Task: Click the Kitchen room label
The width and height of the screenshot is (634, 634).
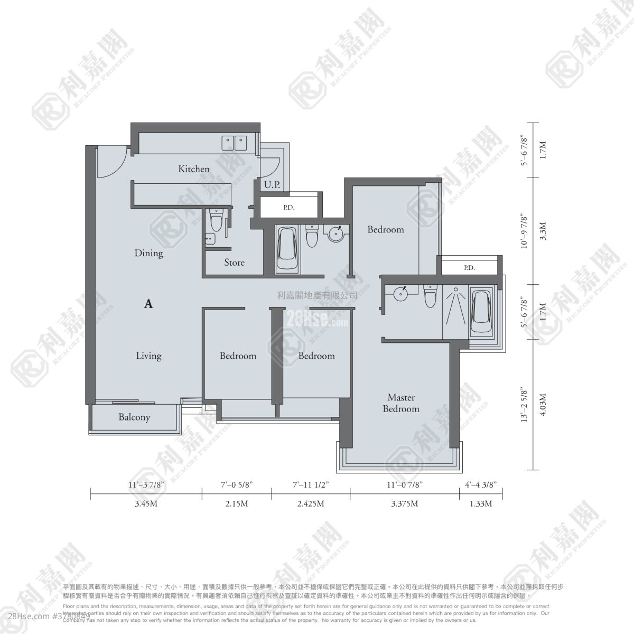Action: point(193,169)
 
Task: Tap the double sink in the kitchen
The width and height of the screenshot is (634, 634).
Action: point(234,142)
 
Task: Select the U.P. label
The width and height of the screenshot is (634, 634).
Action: point(272,184)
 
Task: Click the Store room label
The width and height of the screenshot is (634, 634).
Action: point(234,262)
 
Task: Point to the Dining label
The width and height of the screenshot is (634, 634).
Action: point(148,253)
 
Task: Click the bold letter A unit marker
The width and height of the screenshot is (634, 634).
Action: point(148,304)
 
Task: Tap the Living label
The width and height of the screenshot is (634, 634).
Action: point(148,356)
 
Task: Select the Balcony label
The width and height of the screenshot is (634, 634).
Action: point(134,417)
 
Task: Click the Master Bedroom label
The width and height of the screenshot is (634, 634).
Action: point(401,403)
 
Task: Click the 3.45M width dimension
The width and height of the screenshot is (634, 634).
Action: point(146,504)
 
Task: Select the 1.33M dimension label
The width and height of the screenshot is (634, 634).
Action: point(480,504)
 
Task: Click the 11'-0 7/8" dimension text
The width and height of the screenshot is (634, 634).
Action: point(404,483)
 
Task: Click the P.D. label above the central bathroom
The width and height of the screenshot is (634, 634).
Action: point(288,208)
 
